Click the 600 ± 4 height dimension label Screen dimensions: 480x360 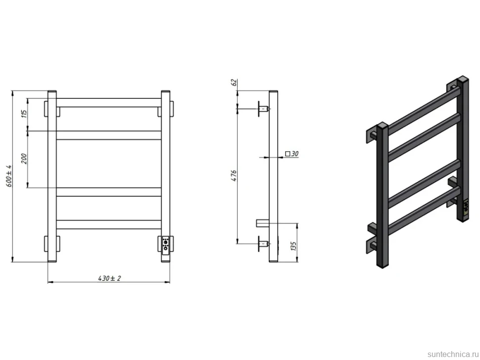tap(9, 176)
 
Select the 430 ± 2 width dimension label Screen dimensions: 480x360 tap(109, 278)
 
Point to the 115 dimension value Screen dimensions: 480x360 tap(24, 113)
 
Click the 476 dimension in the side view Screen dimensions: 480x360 tap(234, 176)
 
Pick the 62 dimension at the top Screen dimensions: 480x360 tap(234, 82)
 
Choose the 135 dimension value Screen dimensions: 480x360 tap(293, 246)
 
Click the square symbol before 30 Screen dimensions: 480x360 tap(288, 154)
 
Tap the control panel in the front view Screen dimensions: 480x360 tap(166, 243)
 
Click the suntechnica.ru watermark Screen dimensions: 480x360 tap(453, 354)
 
